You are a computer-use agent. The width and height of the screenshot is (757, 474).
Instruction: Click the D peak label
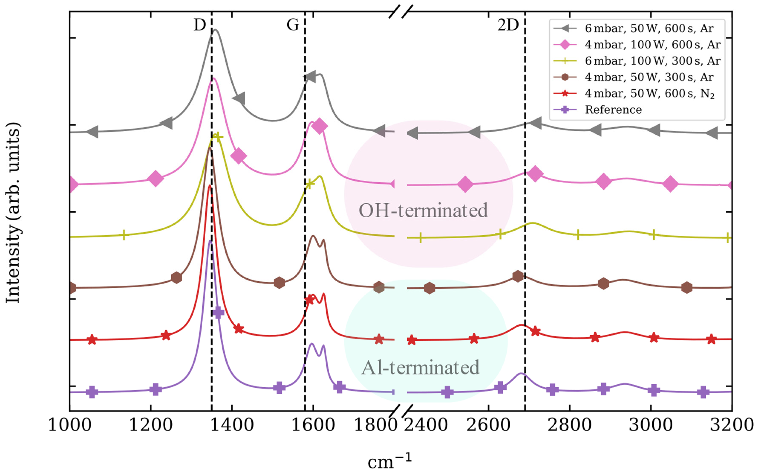pos(200,25)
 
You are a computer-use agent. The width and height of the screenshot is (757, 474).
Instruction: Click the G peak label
pos(293,25)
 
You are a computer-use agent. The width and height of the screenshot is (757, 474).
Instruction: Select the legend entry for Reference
pos(613,110)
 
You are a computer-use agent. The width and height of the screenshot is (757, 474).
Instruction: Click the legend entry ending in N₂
pos(650,93)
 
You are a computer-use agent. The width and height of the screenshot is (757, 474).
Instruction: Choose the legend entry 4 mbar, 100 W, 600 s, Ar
pos(653,45)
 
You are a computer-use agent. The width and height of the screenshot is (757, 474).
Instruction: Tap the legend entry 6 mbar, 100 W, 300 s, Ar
pos(653,61)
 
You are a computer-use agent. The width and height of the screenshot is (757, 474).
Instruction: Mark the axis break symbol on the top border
pos(401,12)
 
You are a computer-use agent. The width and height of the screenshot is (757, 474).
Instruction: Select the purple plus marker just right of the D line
pos(218,313)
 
